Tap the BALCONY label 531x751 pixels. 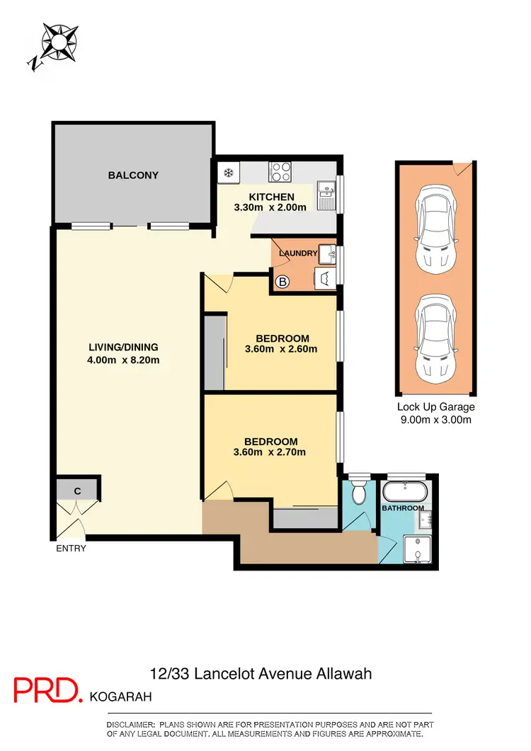click(133, 176)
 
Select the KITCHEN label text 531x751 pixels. click(271, 197)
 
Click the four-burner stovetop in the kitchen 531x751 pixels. click(280, 172)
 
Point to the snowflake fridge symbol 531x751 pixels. click(229, 172)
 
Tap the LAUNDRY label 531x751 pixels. click(297, 253)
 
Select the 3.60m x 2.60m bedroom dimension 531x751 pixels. click(280, 348)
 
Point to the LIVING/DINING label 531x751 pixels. click(123, 347)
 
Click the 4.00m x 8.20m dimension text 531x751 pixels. click(123, 360)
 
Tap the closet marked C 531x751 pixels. click(77, 490)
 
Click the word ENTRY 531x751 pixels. click(70, 549)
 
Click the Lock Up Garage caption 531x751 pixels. click(435, 407)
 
